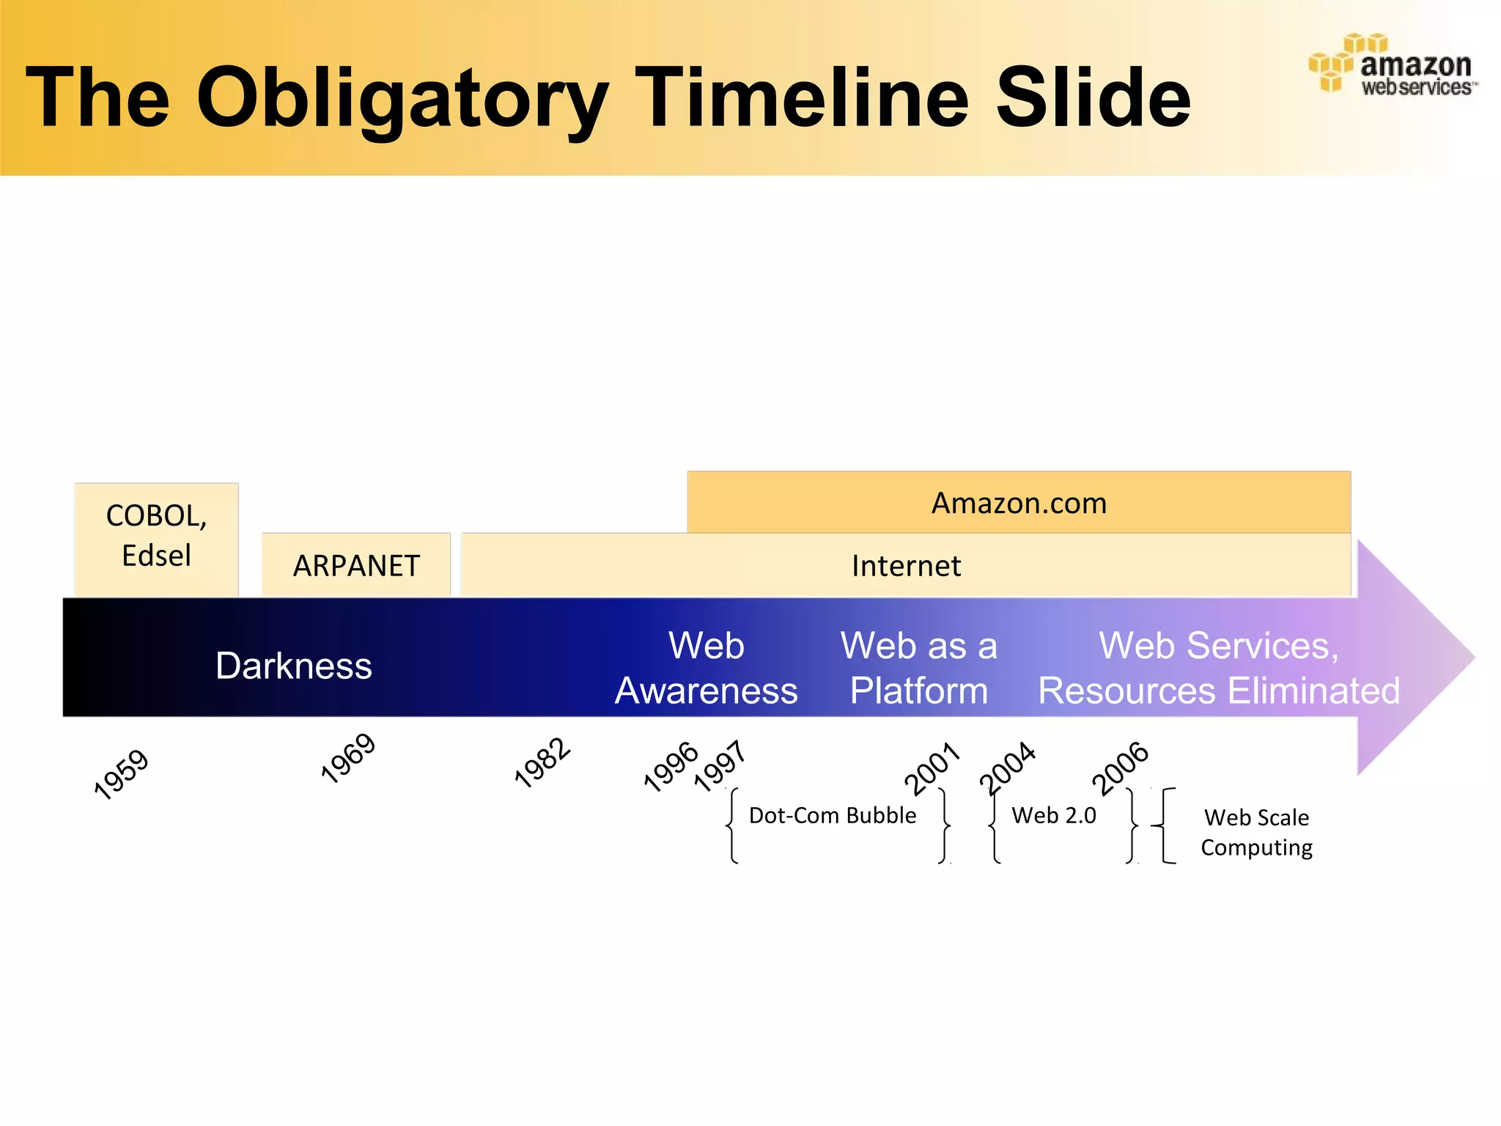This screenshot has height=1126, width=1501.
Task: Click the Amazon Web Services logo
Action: point(1393,66)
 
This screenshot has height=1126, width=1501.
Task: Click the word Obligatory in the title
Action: point(402,99)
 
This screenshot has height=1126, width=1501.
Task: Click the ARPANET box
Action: point(356,566)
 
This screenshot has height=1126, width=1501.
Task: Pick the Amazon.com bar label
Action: point(1019,504)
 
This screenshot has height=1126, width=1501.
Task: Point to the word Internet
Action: point(906,566)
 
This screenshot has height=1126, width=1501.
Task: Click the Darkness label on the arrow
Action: point(294,666)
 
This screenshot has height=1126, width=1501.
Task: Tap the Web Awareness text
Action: point(706,668)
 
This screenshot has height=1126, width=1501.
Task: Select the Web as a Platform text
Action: point(919,668)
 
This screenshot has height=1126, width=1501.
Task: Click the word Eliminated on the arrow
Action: point(1314,691)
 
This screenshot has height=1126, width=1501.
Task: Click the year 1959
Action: point(121,774)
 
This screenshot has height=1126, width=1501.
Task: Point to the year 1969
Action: point(348,759)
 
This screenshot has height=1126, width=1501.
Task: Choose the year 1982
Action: point(542,763)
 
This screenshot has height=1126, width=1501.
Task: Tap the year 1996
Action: point(670,767)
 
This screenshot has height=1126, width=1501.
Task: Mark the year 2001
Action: point(932,768)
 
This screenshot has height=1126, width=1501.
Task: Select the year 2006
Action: point(1120,768)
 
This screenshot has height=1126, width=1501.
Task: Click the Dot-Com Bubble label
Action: point(833,815)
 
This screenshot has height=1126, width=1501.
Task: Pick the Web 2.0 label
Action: point(1054,815)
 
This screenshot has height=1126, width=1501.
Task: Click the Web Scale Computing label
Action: point(1256,832)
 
